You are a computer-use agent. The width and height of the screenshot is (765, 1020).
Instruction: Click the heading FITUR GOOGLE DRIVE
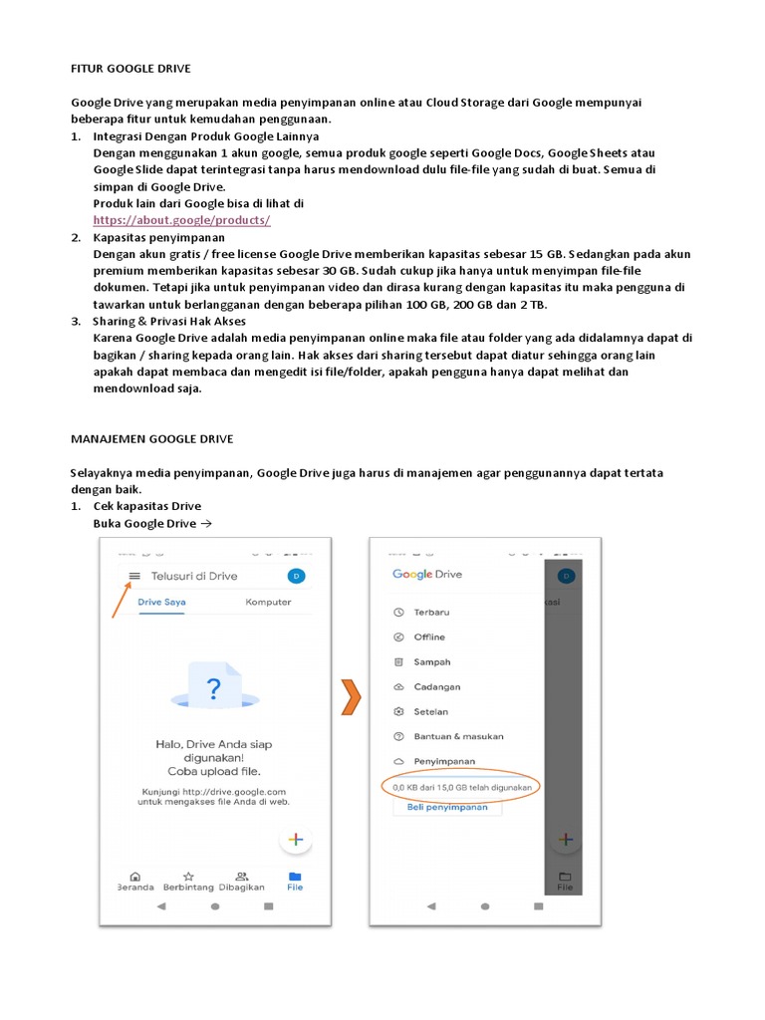tap(130, 68)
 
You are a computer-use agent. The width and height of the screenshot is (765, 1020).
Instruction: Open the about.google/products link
tap(181, 220)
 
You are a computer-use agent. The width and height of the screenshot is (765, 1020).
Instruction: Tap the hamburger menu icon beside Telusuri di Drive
tap(133, 576)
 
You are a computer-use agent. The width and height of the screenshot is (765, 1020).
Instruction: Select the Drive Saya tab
tap(161, 603)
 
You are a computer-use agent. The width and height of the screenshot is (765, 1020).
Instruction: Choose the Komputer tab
tap(268, 603)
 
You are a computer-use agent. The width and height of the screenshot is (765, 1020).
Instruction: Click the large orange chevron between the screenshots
tap(349, 698)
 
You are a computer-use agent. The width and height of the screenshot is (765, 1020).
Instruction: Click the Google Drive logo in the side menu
tap(427, 575)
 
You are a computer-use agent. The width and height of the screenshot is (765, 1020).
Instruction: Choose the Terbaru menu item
tap(431, 613)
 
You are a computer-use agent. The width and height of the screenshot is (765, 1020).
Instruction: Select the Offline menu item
tap(429, 637)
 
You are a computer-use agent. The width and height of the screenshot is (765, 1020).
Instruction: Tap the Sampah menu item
tap(431, 662)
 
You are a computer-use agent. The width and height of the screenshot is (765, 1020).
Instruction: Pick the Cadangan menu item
tap(436, 687)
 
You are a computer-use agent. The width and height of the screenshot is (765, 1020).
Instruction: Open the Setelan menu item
tap(430, 712)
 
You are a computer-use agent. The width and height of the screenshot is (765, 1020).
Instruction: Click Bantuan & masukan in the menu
tap(458, 737)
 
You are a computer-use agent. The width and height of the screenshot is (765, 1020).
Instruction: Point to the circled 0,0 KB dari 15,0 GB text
tap(460, 787)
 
